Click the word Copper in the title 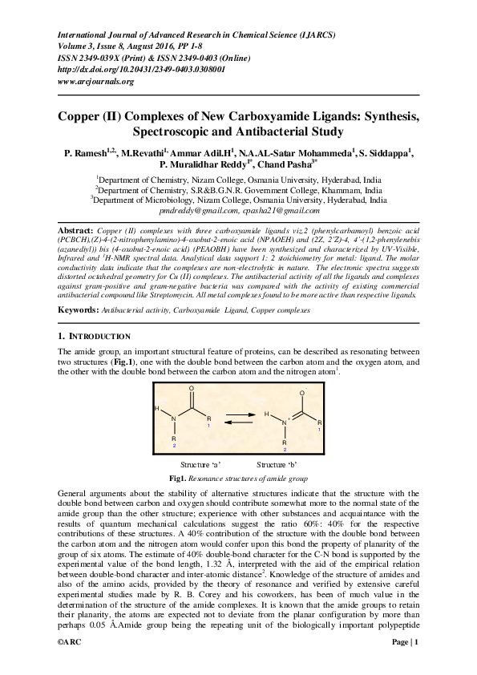[x=83, y=117]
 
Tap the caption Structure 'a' [x=200, y=464]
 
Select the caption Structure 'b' [x=277, y=464]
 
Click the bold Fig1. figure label [x=177, y=478]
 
